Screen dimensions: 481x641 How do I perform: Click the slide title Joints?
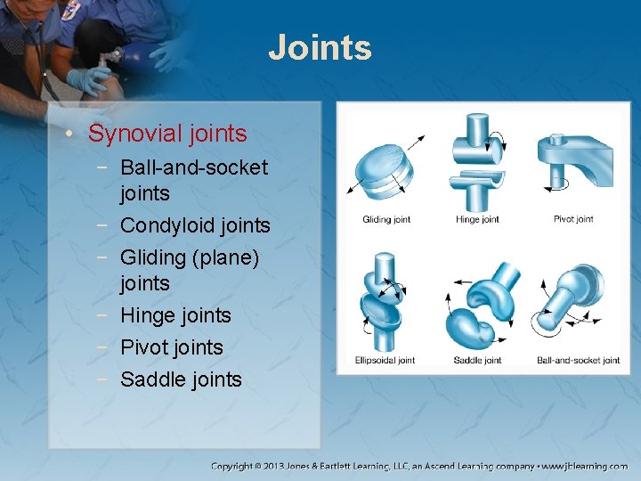320,47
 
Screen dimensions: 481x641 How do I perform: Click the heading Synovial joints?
167,134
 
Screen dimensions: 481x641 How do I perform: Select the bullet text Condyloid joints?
195,225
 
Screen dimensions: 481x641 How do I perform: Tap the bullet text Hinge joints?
175,315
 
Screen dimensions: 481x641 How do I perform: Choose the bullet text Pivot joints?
172,347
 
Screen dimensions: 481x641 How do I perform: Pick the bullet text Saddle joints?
181,379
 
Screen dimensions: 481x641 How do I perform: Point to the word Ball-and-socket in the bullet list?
193,167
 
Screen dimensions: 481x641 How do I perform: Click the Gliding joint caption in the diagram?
386,219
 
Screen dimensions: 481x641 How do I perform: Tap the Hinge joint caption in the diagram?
477,219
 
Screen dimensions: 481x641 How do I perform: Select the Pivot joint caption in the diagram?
573,219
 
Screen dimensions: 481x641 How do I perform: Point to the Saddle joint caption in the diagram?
477,361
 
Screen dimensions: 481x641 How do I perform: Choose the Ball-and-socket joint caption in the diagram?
578,361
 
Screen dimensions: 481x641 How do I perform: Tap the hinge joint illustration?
476,160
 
